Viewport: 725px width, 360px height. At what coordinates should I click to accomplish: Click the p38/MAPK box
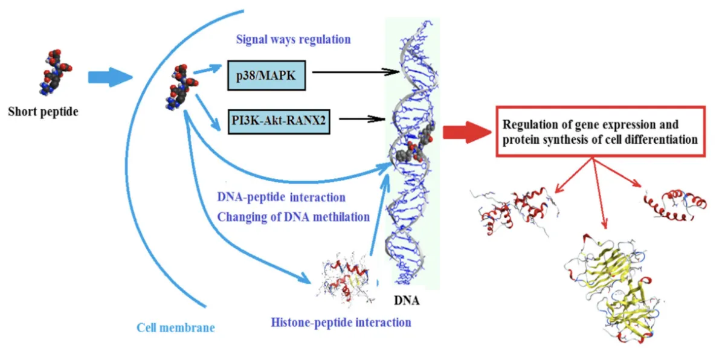(x=266, y=76)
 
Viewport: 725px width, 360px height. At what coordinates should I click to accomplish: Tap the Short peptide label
(x=43, y=112)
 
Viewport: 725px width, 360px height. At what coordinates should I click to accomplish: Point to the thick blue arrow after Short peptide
(x=109, y=77)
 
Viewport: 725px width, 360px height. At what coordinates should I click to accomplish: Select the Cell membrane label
(x=175, y=328)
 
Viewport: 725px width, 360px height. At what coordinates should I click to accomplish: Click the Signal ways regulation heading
(x=293, y=40)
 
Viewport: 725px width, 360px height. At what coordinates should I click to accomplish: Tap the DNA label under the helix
(x=406, y=300)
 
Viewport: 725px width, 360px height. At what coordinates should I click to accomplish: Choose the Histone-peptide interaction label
(x=341, y=322)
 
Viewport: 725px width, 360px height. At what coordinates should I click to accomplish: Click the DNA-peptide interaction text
(x=281, y=198)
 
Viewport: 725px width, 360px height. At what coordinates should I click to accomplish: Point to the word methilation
(x=338, y=216)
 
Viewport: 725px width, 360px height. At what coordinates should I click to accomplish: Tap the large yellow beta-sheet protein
(x=610, y=284)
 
